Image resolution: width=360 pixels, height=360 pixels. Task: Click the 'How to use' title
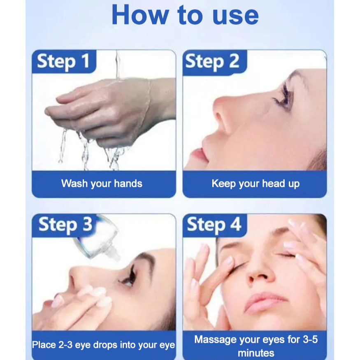[185, 15]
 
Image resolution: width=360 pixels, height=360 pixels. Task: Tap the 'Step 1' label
[63, 61]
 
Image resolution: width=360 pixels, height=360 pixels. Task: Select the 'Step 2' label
[212, 62]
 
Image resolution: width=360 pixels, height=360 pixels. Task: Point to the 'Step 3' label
[65, 225]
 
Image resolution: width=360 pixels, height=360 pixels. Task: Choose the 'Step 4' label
[214, 225]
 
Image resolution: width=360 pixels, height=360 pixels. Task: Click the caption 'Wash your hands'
[102, 183]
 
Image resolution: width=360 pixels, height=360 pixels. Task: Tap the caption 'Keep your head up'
[255, 183]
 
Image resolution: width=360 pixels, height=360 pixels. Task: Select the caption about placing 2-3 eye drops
[104, 345]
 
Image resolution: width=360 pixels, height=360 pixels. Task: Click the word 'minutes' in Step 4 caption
[256, 353]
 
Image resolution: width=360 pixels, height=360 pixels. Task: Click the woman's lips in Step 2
[199, 154]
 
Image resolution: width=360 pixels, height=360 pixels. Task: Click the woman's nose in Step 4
[260, 271]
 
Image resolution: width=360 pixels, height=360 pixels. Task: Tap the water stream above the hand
[118, 65]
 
